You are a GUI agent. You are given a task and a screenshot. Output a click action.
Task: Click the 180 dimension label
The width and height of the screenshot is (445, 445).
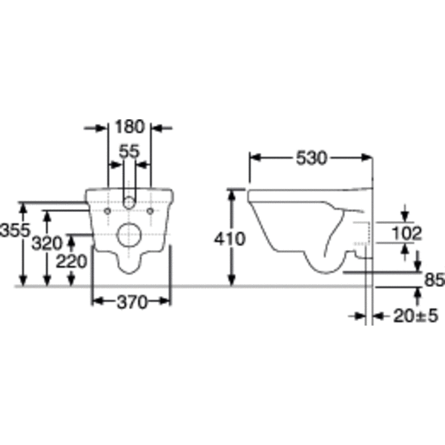tap(130, 127)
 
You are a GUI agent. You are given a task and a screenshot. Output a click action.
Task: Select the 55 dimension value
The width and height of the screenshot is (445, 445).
tap(129, 151)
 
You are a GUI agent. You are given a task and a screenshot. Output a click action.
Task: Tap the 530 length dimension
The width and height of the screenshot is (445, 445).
tap(311, 158)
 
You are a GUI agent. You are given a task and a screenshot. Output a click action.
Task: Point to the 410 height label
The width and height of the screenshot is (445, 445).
tap(230, 239)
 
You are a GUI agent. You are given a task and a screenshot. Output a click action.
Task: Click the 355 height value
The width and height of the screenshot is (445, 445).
tap(15, 230)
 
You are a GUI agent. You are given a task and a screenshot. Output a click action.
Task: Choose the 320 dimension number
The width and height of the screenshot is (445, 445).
tap(47, 243)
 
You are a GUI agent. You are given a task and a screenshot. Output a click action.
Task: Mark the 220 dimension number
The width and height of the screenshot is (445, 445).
tap(71, 261)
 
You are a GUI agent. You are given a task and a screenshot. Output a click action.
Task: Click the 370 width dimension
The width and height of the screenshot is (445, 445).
tap(132, 302)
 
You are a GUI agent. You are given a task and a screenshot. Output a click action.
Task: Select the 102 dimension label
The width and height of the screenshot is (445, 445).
tap(406, 234)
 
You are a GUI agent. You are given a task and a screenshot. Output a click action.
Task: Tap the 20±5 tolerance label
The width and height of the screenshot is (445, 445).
tap(416, 316)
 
